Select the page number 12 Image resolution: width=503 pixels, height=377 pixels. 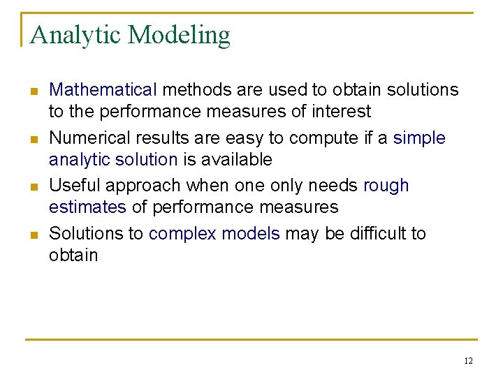click(x=467, y=360)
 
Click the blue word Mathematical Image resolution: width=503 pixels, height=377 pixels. click(x=103, y=90)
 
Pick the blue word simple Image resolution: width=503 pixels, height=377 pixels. click(x=419, y=138)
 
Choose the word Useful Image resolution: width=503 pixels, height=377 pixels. click(x=72, y=186)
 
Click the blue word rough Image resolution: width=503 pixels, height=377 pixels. click(x=386, y=186)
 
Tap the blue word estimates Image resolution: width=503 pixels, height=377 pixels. click(x=87, y=207)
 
